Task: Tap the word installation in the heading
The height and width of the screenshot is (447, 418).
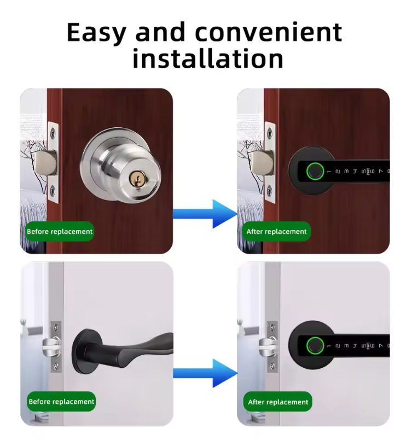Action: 208,58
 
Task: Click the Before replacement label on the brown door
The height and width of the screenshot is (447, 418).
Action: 60,232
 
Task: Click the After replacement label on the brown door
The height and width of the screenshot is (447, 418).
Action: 276,232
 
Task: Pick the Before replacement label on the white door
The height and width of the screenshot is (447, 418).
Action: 61,402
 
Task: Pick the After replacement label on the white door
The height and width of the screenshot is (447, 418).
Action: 278,402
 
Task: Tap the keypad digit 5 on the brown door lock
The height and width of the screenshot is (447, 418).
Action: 363,172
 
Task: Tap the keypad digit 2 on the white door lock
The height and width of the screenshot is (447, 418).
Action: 338,346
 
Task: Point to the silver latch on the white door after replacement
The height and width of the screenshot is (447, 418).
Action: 266,345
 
